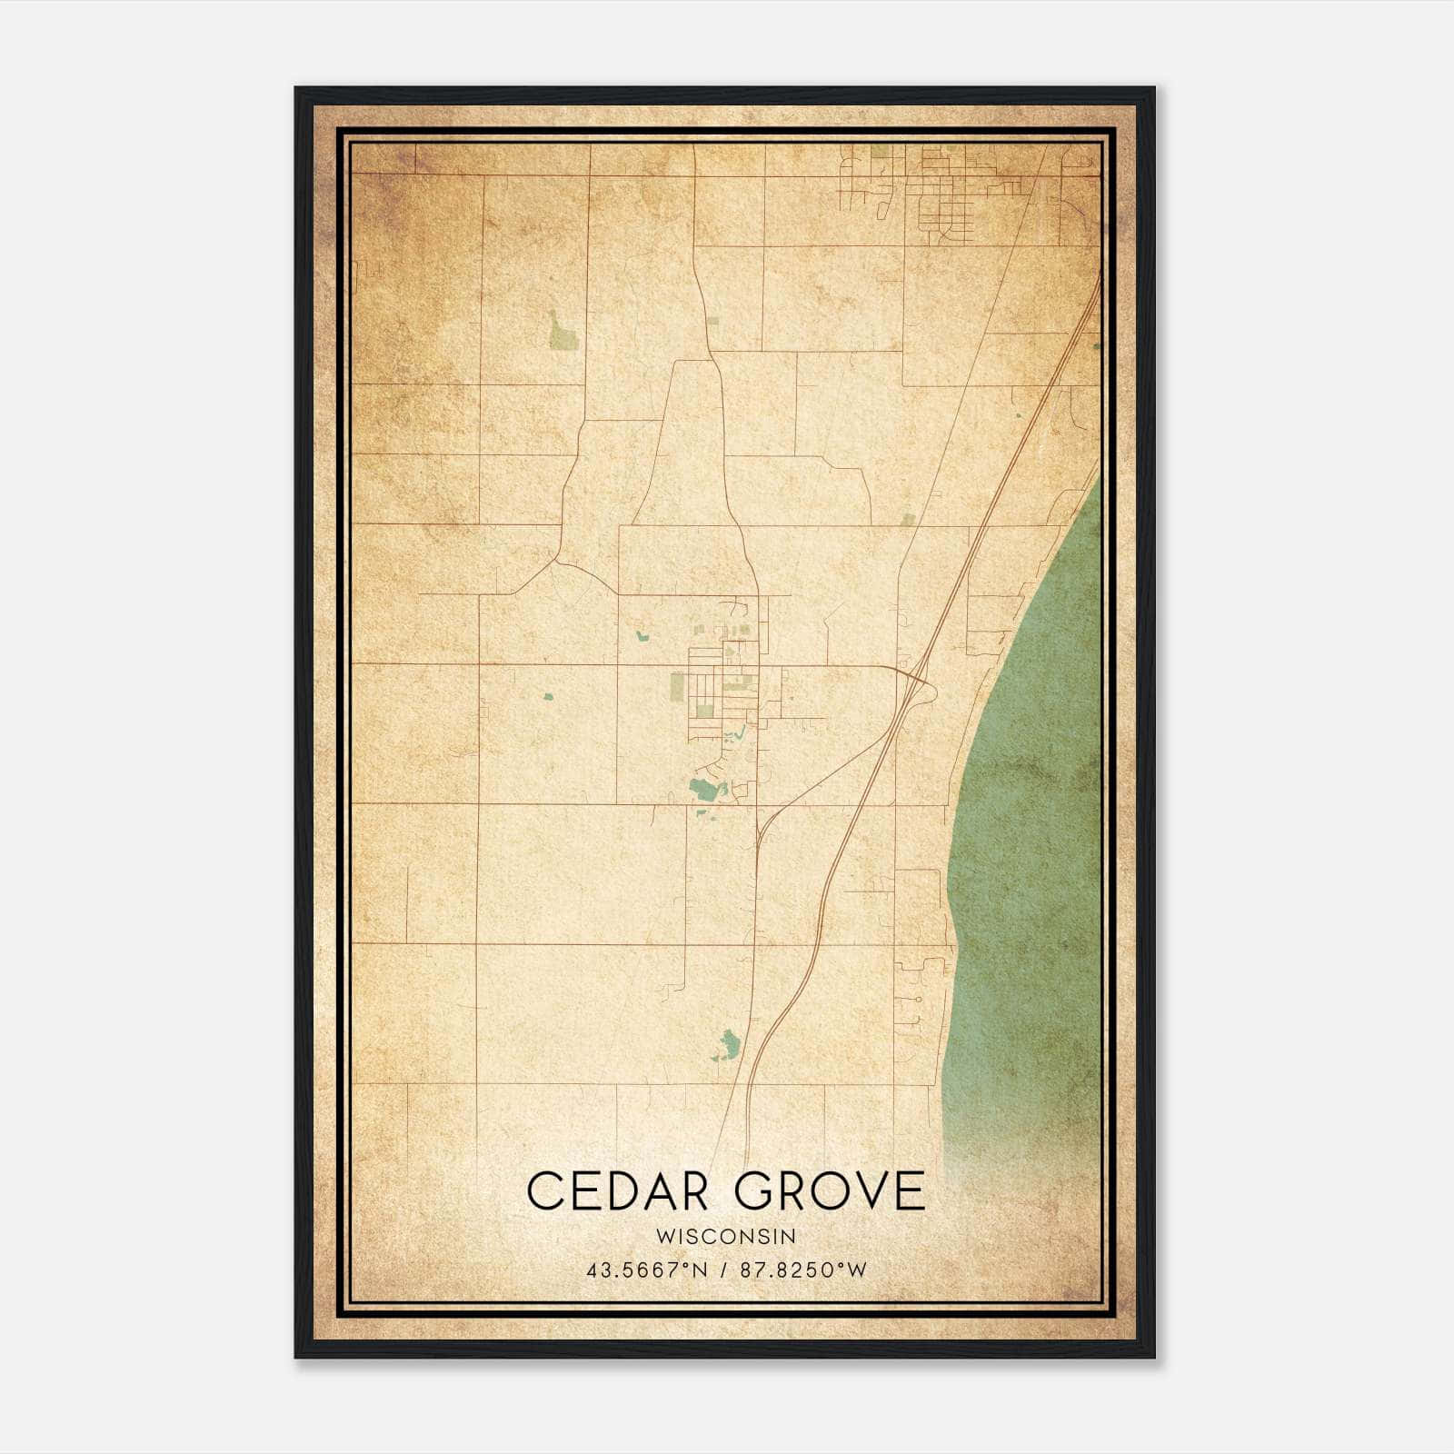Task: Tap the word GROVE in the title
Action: [831, 1191]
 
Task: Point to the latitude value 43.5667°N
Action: [646, 1270]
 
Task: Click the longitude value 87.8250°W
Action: [803, 1270]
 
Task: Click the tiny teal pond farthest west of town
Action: [547, 698]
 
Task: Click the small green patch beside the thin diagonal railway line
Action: [908, 520]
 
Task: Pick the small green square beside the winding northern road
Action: [712, 322]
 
